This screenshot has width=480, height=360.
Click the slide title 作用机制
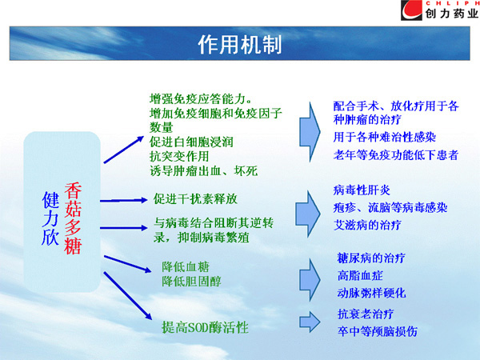click(x=240, y=44)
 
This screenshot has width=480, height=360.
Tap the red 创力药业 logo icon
click(x=411, y=10)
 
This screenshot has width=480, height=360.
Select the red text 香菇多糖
click(x=73, y=218)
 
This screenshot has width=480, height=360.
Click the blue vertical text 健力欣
click(x=50, y=218)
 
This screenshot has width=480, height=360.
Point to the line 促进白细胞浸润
click(x=191, y=142)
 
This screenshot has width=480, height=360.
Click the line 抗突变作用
click(x=179, y=157)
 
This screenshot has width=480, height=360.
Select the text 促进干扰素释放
click(x=195, y=199)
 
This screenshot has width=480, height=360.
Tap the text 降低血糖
click(x=186, y=267)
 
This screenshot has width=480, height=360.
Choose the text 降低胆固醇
click(x=191, y=281)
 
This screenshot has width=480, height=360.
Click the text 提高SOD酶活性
click(x=205, y=327)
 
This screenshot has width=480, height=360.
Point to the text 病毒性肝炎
click(x=362, y=190)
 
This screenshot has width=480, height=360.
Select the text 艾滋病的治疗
click(x=367, y=225)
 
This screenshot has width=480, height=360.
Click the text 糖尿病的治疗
click(x=371, y=258)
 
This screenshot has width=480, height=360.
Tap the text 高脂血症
click(x=360, y=275)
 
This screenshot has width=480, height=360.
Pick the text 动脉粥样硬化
click(x=371, y=293)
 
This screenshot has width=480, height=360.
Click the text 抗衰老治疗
click(x=366, y=314)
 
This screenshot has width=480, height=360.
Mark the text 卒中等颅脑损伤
click(x=377, y=331)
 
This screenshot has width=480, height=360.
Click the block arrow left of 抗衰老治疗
click(x=310, y=322)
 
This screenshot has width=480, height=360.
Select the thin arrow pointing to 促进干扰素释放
click(x=124, y=201)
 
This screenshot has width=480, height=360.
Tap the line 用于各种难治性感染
click(x=385, y=137)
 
